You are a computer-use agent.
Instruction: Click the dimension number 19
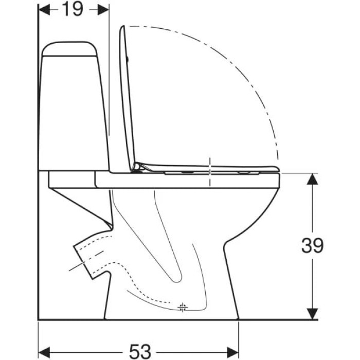click(x=73, y=10)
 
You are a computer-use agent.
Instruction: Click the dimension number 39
click(x=313, y=245)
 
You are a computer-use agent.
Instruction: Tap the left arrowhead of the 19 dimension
click(x=44, y=10)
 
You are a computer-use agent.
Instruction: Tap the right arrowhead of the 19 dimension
click(x=103, y=10)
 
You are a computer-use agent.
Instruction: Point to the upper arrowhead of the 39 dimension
click(x=313, y=179)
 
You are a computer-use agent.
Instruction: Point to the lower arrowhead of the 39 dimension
click(x=313, y=314)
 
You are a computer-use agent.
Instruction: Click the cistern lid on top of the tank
click(x=69, y=48)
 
